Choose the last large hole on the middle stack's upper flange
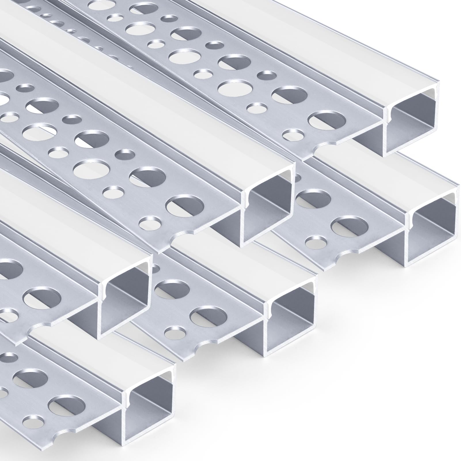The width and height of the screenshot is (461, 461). click(x=185, y=206)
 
